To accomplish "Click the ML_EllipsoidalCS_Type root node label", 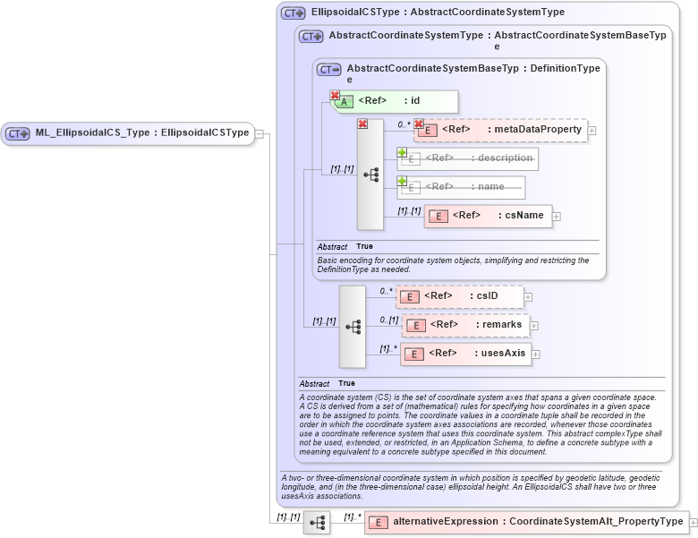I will [x=141, y=133].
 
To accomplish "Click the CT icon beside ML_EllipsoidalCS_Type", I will [x=18, y=133].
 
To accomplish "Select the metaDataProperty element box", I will [x=500, y=130].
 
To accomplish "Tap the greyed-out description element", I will [x=468, y=158].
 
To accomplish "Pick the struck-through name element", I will [x=461, y=187].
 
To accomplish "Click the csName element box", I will [x=487, y=216].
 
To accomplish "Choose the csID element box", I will [x=460, y=296].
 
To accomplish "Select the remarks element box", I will [x=465, y=324].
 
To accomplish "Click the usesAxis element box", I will [x=465, y=354].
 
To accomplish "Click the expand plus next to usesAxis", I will [x=536, y=354].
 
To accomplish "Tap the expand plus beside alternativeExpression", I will [x=693, y=522].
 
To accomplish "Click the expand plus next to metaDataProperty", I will [x=592, y=131].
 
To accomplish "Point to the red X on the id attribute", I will [x=335, y=95].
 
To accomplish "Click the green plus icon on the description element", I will [x=402, y=153].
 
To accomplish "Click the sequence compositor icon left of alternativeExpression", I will [x=317, y=522].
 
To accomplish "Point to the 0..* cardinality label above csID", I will [x=386, y=290].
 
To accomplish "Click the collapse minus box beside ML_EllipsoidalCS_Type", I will [x=259, y=133].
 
